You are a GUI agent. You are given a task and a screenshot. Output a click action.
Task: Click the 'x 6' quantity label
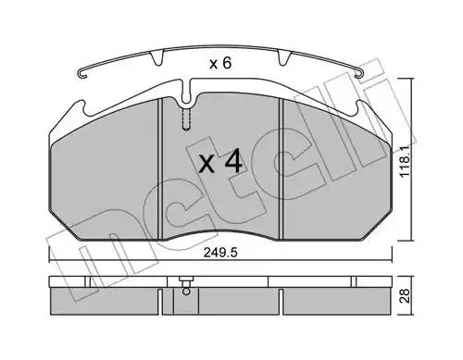(x=220, y=64)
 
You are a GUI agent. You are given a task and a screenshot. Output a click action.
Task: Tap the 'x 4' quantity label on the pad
(x=220, y=163)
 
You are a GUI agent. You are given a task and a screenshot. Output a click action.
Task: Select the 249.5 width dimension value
(x=220, y=253)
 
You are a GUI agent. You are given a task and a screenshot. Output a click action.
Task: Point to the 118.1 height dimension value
(x=406, y=161)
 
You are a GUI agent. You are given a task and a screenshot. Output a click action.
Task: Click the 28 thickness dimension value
(x=405, y=295)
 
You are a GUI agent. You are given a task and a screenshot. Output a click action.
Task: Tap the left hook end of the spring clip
(x=82, y=74)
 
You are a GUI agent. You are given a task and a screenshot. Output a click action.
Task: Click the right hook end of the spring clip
(x=359, y=74)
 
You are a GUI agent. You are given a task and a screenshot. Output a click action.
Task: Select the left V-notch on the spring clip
(x=156, y=58)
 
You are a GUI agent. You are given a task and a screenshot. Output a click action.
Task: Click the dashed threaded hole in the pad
(x=186, y=119)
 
